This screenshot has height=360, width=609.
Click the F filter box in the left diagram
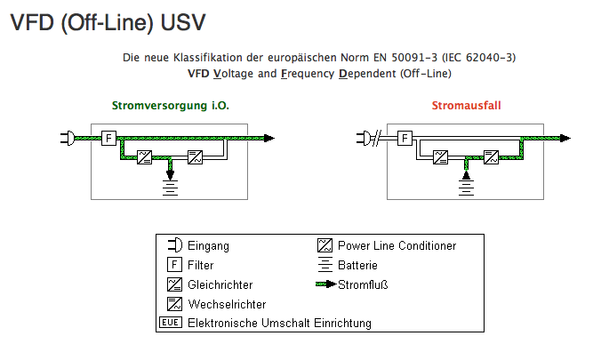108,138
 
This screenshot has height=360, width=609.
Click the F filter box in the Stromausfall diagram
405,138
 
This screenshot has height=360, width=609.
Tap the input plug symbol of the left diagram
66,138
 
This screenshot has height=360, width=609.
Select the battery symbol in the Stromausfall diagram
465,185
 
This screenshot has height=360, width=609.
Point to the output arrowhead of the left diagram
268,138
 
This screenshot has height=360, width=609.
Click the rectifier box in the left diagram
143,158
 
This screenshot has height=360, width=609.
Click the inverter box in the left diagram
195,158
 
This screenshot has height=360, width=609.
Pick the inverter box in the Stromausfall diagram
491,158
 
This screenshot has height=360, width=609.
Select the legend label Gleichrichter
220,284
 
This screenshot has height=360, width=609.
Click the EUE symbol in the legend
171,323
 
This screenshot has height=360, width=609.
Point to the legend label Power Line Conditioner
397,245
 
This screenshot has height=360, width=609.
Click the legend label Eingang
209,245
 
